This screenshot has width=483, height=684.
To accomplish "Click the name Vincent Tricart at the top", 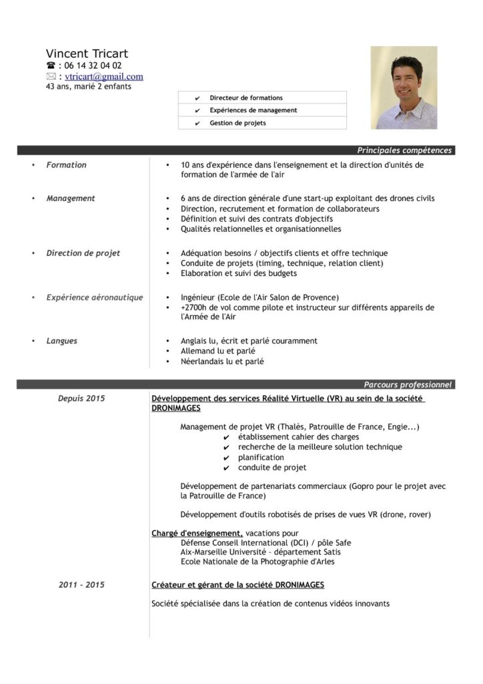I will [87, 53].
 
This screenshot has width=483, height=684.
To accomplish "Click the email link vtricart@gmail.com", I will [104, 76].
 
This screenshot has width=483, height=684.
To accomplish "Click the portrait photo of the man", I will [404, 88].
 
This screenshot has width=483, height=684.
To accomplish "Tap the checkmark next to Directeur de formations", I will [197, 98].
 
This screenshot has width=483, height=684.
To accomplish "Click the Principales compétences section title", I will [404, 150].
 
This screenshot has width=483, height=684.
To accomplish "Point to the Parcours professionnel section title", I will [408, 385].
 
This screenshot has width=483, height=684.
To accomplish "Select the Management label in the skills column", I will [71, 198].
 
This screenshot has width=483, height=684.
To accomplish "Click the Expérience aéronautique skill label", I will [94, 297].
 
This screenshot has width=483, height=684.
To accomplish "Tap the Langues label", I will [61, 341].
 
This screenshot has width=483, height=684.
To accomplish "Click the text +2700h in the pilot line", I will [194, 307].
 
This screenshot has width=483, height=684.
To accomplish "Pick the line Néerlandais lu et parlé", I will [222, 361].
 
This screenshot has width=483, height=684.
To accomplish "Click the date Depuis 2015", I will [81, 399].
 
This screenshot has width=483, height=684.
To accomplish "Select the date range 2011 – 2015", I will [81, 584].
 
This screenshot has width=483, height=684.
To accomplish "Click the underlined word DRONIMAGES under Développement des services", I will [176, 408].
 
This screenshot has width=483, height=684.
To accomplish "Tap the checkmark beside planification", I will [227, 458].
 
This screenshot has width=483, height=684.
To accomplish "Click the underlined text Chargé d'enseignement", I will [197, 533].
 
